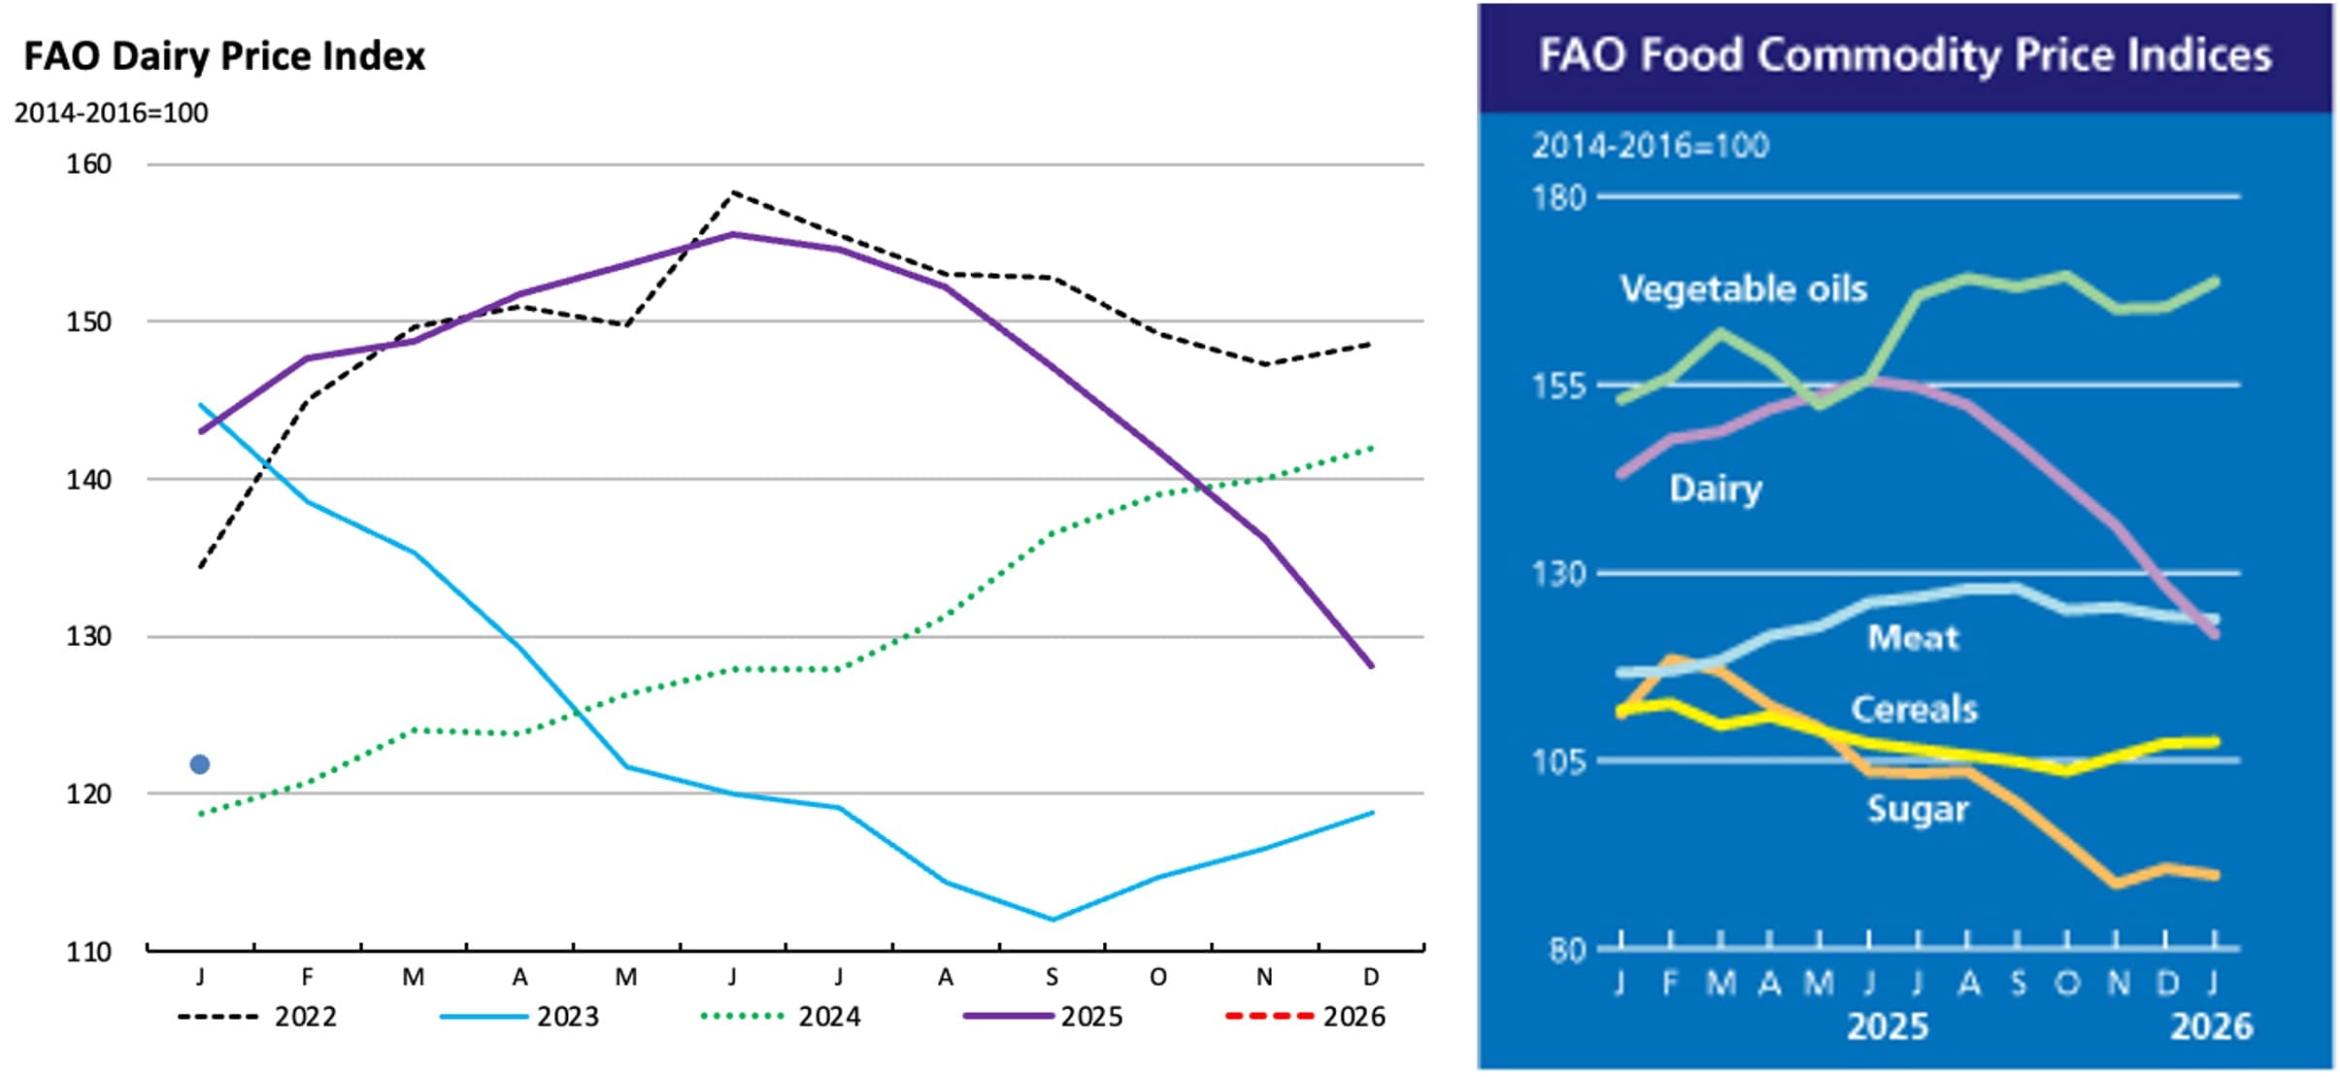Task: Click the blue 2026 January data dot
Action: [x=200, y=764]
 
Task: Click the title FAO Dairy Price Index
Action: [x=224, y=56]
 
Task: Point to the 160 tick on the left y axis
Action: [x=88, y=164]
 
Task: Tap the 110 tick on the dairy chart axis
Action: [x=88, y=951]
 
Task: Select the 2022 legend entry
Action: [x=257, y=1017]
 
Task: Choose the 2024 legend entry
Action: [x=781, y=1017]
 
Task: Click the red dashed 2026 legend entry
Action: [x=1305, y=1017]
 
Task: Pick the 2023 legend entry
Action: [x=519, y=1017]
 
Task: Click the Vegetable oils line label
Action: [x=1743, y=288]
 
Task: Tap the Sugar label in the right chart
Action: [x=1917, y=809]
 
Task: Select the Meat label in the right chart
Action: [x=1913, y=637]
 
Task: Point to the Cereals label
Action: [x=1914, y=709]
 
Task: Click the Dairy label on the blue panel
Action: [x=1715, y=488]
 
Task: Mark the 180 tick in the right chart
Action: [x=1558, y=198]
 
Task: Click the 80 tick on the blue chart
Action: [x=1566, y=949]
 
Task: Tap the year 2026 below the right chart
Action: [x=2211, y=1027]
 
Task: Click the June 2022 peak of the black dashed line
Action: [x=734, y=192]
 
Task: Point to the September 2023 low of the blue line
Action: [x=1053, y=919]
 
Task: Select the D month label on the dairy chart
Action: [x=1371, y=977]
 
